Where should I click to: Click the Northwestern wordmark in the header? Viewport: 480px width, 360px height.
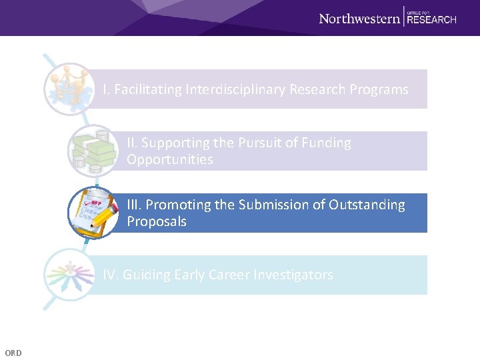point(359,18)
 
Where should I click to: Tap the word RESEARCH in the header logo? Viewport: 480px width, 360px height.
point(431,20)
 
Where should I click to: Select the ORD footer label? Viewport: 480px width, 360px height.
point(13,353)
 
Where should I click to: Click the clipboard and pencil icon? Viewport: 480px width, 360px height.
point(92,213)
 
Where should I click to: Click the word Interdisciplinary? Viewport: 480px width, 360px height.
point(227,89)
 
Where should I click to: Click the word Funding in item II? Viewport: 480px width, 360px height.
point(325,143)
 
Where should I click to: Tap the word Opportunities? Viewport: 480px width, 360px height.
point(170,159)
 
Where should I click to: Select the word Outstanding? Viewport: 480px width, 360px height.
point(367,205)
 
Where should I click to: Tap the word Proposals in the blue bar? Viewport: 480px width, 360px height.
point(157,221)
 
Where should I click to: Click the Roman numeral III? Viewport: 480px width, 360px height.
point(134,205)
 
